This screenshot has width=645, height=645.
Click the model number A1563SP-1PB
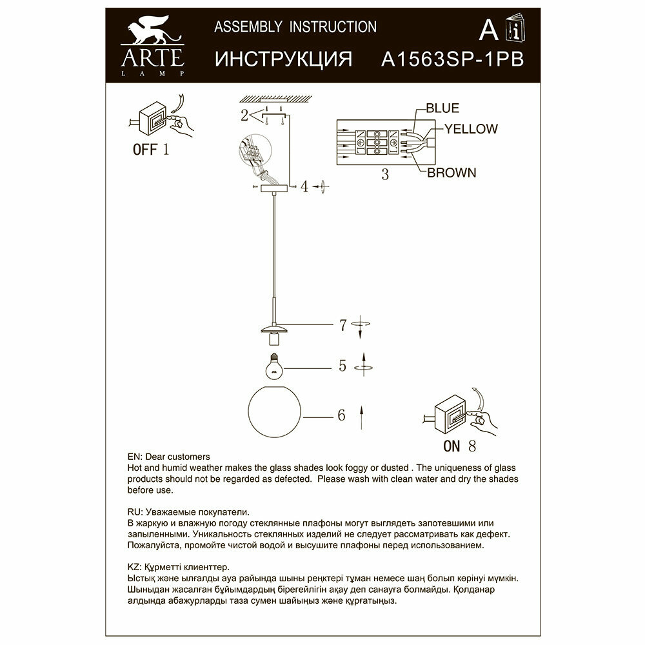point(452,59)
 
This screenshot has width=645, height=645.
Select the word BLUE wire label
point(442,108)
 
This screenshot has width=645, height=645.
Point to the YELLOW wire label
point(471,129)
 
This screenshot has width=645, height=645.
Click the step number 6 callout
point(341,415)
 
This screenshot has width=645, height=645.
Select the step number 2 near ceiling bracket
point(244,116)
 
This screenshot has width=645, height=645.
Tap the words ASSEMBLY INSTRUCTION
point(295,26)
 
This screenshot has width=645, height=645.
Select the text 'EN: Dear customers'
point(164,456)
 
